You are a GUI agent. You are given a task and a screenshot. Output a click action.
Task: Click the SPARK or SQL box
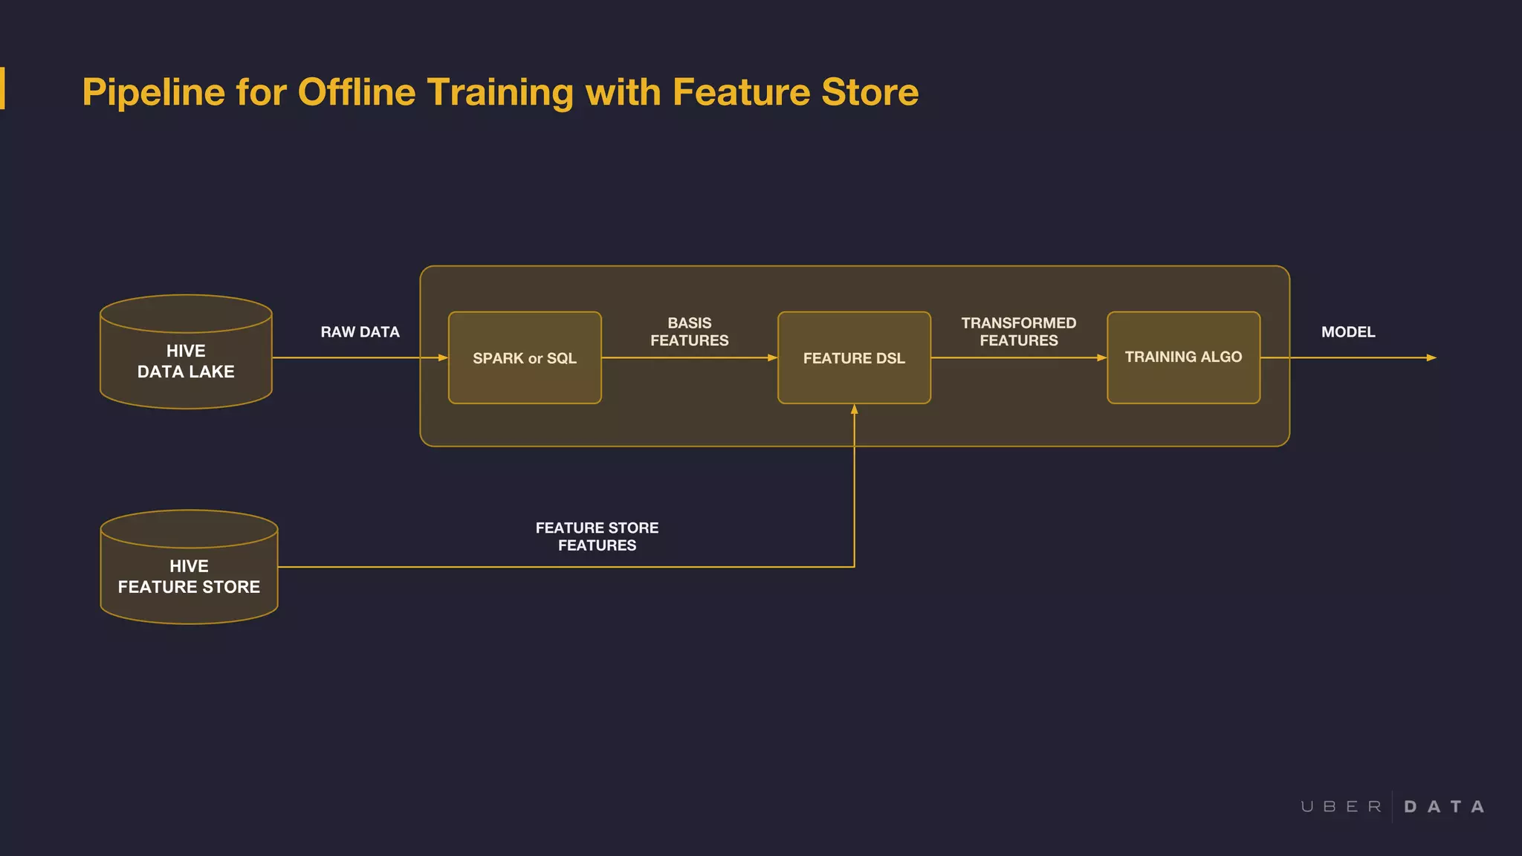525,358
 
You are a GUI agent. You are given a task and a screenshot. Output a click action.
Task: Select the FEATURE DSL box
854,358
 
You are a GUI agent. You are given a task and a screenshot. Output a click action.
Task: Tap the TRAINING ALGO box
1183,357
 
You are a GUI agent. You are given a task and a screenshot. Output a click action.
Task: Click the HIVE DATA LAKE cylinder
186,361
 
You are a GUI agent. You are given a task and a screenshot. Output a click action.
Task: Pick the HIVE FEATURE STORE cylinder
189,577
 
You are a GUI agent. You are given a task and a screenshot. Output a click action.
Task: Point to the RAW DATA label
360,332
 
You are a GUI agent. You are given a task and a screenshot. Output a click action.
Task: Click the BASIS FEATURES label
689,331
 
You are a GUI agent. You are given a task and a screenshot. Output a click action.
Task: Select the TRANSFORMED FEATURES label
1018,331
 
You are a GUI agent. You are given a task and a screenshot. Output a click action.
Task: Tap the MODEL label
1348,332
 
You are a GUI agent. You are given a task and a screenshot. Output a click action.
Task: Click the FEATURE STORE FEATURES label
597,536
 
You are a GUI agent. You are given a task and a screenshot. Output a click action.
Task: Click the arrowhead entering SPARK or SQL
443,358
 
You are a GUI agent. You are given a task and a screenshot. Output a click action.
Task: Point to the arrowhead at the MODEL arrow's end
1431,358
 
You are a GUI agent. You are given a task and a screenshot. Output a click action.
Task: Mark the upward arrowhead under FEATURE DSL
855,409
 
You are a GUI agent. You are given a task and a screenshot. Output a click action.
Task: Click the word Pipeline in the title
153,93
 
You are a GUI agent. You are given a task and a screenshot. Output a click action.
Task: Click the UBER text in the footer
1341,807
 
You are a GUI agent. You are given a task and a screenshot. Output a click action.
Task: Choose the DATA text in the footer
1444,807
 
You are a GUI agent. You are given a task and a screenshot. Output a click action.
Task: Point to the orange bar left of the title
2,88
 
